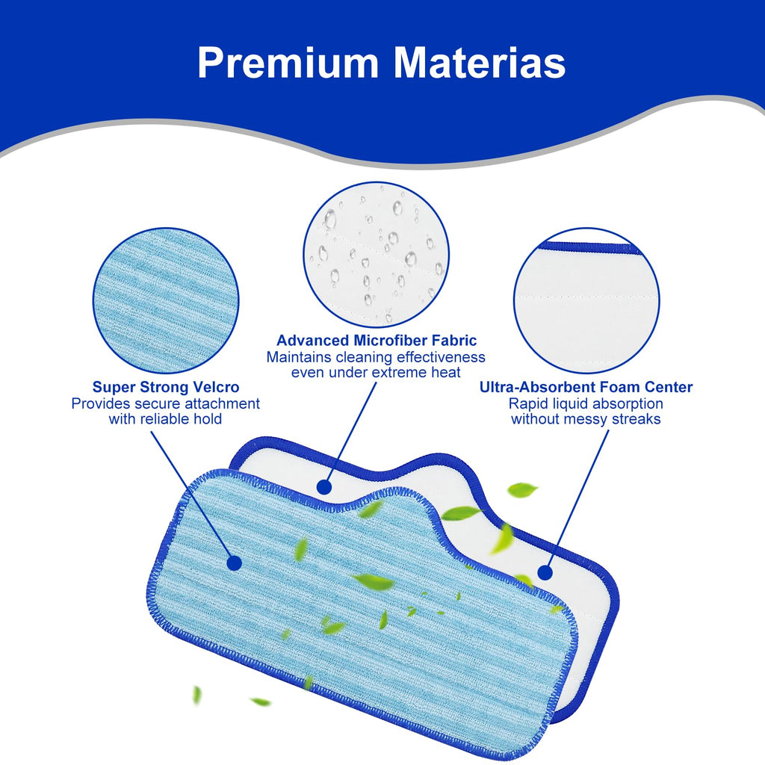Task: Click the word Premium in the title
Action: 288,63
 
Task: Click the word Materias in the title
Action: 480,62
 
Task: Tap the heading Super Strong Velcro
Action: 166,387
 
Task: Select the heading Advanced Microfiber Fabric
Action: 377,340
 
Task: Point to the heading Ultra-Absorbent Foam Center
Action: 586,387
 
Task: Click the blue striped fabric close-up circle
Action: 166,300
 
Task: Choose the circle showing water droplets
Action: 377,255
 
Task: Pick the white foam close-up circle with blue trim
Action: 586,300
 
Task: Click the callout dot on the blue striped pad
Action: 234,563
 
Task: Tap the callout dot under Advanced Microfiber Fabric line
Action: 324,487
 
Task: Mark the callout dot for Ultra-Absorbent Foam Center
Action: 545,573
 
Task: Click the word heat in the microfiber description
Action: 445,372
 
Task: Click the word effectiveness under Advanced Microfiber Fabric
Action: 441,357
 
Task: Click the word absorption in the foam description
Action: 627,404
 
